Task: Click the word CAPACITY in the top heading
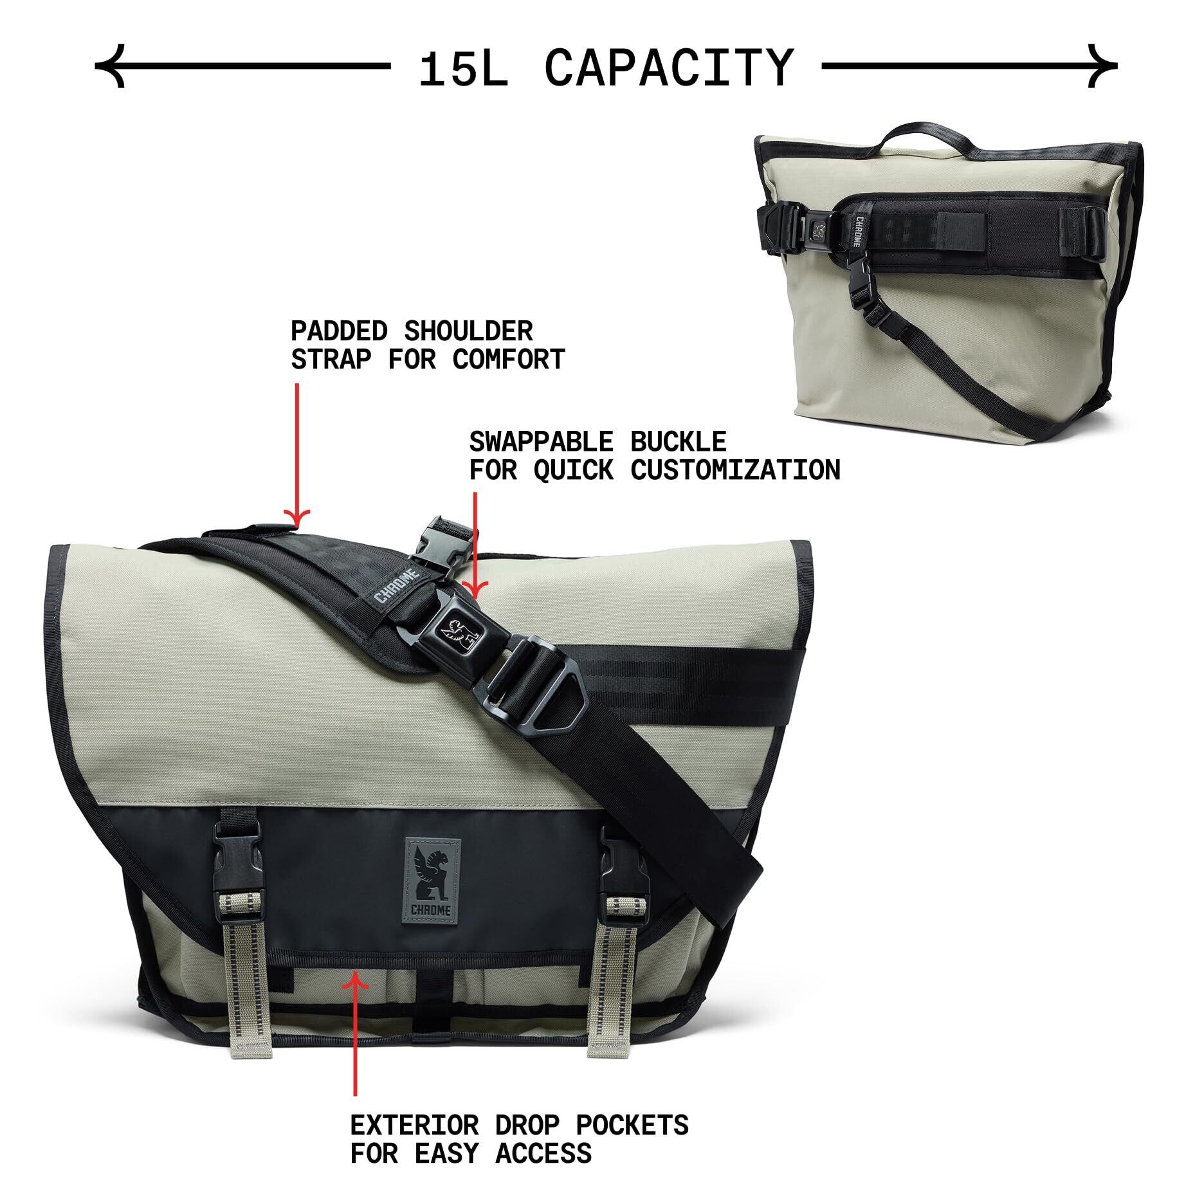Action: click(x=669, y=68)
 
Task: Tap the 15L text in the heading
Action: click(x=463, y=69)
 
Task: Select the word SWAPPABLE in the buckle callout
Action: click(x=540, y=442)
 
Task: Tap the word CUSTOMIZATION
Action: click(x=735, y=471)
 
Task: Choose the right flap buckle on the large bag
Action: click(x=616, y=862)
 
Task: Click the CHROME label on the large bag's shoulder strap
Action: click(x=397, y=585)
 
